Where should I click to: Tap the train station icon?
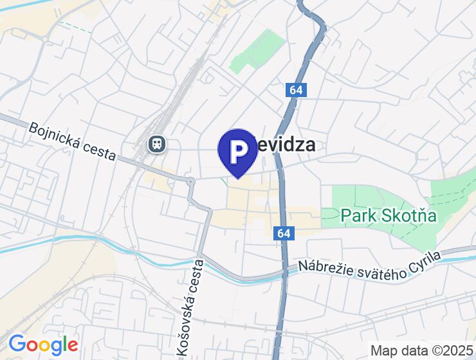tap(156, 143)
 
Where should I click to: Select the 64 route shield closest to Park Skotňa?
tap(284, 233)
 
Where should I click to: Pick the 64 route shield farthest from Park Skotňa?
tap(295, 91)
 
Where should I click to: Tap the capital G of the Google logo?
tap(17, 345)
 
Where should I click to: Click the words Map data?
tap(398, 350)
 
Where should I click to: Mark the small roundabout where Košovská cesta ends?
tap(190, 182)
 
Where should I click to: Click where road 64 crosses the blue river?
tap(284, 275)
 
